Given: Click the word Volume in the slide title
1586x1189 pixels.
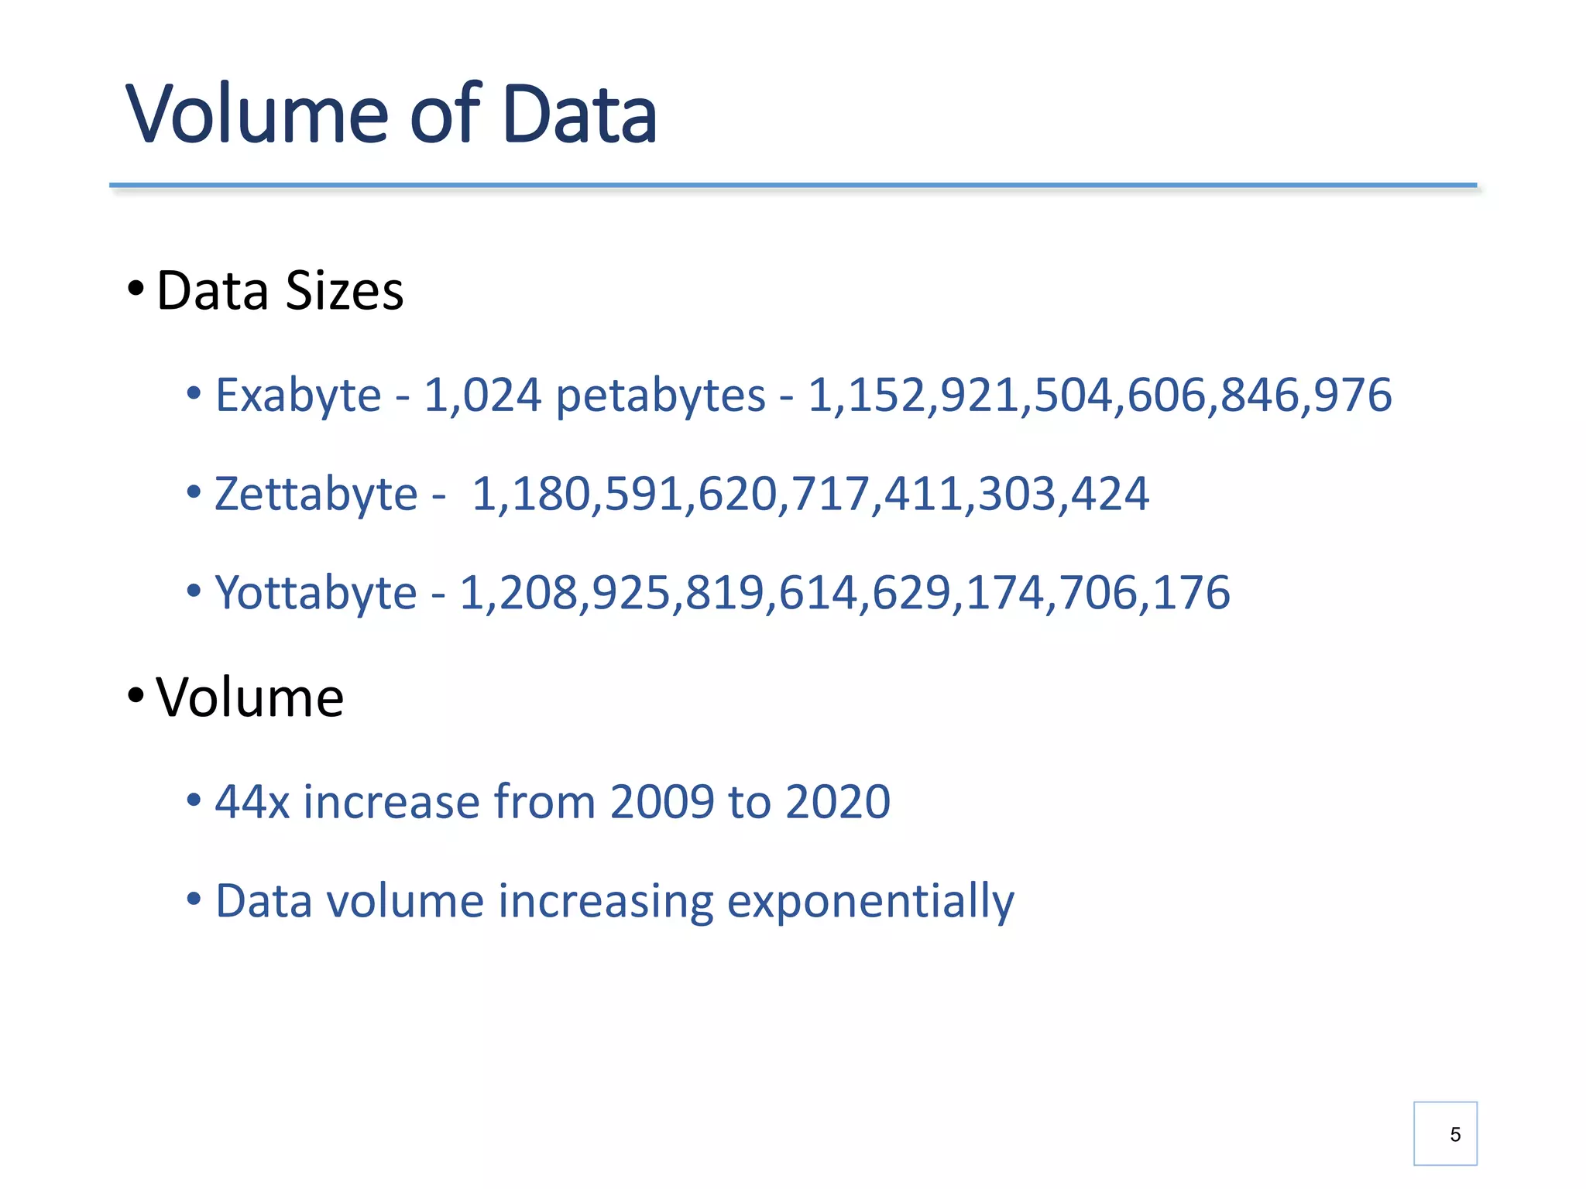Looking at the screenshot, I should [256, 115].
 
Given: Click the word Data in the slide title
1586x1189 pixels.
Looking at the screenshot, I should [579, 115].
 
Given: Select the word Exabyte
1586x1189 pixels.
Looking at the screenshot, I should [298, 396].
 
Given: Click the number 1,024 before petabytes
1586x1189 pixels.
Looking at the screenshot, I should [482, 396].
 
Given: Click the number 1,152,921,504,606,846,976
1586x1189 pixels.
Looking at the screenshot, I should [1100, 396].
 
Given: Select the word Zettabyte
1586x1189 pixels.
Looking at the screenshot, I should [316, 494].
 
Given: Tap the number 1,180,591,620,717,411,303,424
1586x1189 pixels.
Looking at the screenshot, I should [810, 494].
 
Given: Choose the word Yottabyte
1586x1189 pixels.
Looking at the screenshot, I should [316, 593].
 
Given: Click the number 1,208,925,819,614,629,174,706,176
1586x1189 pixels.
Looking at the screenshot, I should [845, 593].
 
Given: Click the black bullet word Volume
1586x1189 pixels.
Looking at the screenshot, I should [249, 697].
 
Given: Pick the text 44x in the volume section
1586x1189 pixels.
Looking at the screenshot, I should [252, 801].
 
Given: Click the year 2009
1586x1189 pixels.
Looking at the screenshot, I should [662, 801].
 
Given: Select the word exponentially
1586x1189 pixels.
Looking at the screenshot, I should [870, 902].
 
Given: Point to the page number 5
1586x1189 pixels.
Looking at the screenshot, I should [1455, 1135].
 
